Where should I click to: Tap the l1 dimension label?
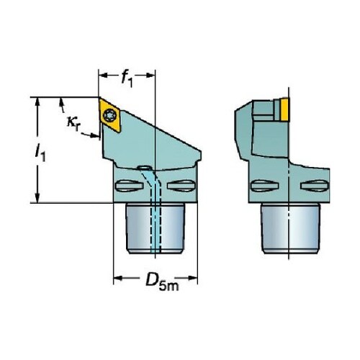(40, 153)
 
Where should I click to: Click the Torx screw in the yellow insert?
(111, 115)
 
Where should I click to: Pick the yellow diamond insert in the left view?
(109, 115)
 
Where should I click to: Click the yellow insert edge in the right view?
(284, 109)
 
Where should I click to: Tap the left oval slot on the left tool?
(129, 186)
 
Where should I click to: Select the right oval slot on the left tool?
(181, 186)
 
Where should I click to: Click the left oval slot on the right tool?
(264, 186)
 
